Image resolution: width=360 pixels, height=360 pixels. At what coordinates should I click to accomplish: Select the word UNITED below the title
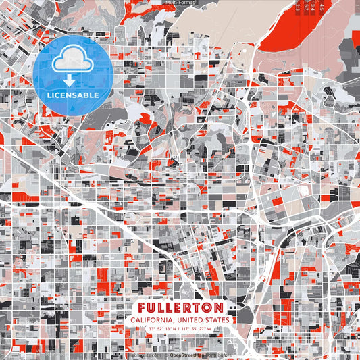click(190, 319)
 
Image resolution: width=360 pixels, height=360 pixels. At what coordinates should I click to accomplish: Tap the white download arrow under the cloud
click(68, 80)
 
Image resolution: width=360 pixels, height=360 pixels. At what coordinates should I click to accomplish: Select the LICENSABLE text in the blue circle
click(73, 95)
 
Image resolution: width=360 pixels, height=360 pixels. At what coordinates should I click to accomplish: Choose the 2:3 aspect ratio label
click(299, 7)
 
